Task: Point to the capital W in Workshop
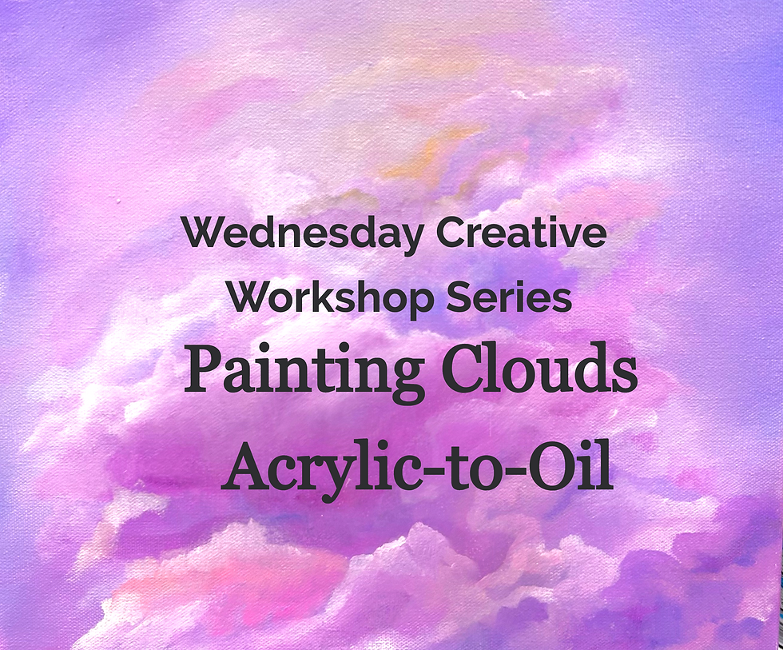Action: click(248, 298)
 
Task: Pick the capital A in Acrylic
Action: click(246, 469)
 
